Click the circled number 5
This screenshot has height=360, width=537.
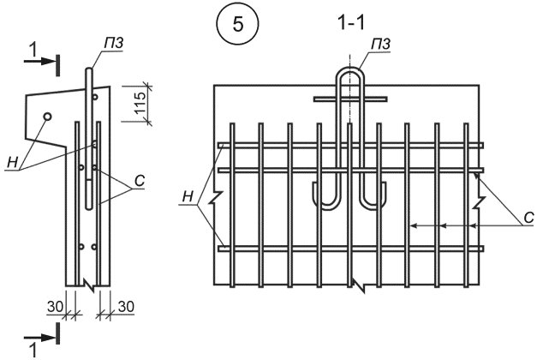click(x=237, y=24)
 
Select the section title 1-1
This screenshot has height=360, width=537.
click(x=351, y=23)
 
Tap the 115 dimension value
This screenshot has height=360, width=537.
click(x=140, y=103)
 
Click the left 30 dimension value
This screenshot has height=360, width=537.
click(x=55, y=307)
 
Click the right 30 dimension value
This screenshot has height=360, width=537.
click(x=126, y=307)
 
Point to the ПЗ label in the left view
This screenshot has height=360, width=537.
click(x=114, y=44)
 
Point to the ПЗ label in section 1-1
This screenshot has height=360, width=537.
click(x=380, y=45)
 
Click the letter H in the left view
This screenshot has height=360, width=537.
click(x=12, y=163)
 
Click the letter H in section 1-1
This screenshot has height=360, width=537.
click(x=188, y=197)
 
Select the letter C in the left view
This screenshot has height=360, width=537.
click(x=140, y=181)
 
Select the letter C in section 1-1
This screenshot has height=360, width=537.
click(x=529, y=218)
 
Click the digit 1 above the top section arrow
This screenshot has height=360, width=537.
click(x=33, y=51)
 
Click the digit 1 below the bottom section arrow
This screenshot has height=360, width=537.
click(x=33, y=351)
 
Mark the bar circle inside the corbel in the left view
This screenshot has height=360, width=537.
click(x=48, y=117)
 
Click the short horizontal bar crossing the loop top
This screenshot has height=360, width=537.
click(x=350, y=99)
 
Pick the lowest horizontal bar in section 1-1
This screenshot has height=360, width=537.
click(x=351, y=249)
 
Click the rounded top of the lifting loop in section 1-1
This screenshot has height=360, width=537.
click(x=350, y=69)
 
